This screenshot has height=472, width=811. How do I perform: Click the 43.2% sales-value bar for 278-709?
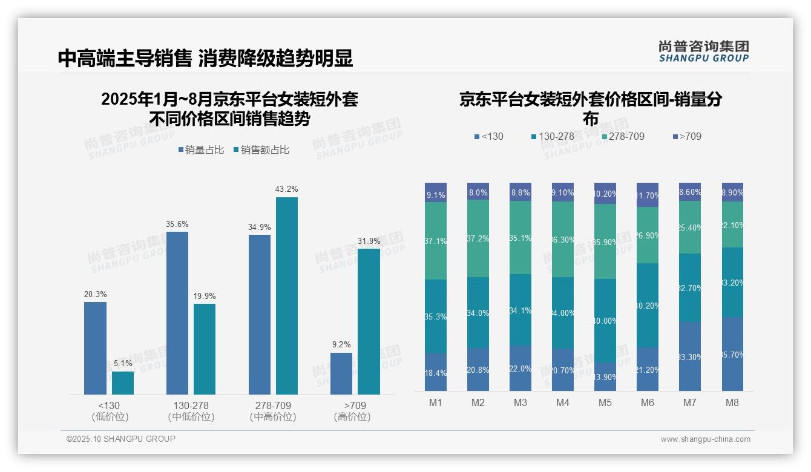(287, 295)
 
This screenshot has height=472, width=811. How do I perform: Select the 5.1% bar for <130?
(123, 382)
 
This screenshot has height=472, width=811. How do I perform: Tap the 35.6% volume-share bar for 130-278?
(177, 313)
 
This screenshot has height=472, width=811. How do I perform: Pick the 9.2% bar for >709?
(341, 373)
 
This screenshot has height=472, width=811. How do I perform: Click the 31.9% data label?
(369, 241)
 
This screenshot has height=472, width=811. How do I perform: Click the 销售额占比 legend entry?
(261, 150)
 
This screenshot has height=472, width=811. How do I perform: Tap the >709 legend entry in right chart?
(686, 136)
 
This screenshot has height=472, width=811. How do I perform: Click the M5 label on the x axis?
(605, 403)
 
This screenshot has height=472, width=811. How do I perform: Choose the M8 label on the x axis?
(732, 403)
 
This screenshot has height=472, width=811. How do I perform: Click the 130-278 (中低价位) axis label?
(191, 411)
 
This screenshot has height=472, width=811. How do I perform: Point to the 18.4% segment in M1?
(436, 372)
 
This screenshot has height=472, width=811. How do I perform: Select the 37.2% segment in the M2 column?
(478, 238)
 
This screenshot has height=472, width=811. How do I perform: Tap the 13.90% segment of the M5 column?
(605, 376)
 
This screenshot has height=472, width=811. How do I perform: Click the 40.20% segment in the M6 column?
(648, 305)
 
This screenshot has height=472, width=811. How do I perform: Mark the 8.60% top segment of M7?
(690, 192)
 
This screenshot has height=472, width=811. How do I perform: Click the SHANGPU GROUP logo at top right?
(703, 51)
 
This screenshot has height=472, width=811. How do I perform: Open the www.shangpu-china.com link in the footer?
(705, 439)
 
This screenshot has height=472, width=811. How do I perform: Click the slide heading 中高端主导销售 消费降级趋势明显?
(205, 58)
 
